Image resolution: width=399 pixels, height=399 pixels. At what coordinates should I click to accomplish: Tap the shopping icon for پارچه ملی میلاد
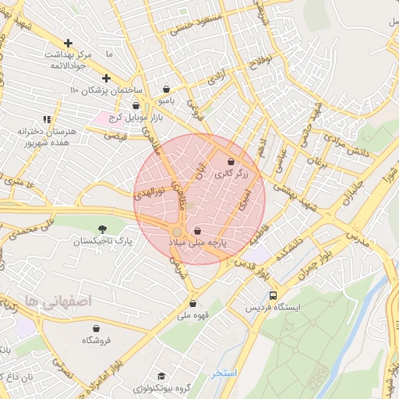[197, 231]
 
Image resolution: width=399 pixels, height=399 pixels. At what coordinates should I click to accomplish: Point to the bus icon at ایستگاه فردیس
[272, 296]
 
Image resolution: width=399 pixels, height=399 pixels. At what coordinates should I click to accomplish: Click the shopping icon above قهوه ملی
[192, 303]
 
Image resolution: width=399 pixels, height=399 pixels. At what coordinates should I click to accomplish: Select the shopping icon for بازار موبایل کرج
[136, 106]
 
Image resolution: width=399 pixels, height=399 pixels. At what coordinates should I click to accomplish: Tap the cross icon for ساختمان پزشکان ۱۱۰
[106, 78]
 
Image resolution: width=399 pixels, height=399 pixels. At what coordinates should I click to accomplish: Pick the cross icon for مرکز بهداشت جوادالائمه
[69, 43]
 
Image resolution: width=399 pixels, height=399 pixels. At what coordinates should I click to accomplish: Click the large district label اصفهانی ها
[58, 300]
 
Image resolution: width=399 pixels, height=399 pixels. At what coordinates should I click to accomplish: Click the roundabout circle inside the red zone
[178, 232]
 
